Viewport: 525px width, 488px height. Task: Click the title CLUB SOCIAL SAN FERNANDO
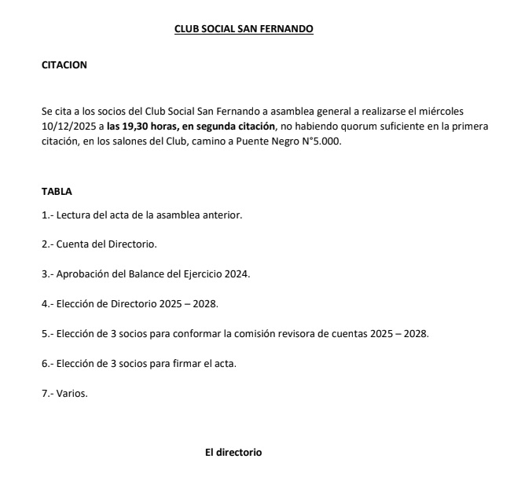click(x=244, y=30)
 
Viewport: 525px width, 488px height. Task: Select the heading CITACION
click(x=64, y=65)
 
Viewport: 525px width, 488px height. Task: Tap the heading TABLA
click(x=57, y=191)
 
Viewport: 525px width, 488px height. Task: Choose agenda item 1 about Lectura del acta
click(x=141, y=214)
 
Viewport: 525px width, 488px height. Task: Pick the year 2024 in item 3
click(x=237, y=273)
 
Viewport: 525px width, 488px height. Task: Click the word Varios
click(x=72, y=393)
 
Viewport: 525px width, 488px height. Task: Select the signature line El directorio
click(x=233, y=453)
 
